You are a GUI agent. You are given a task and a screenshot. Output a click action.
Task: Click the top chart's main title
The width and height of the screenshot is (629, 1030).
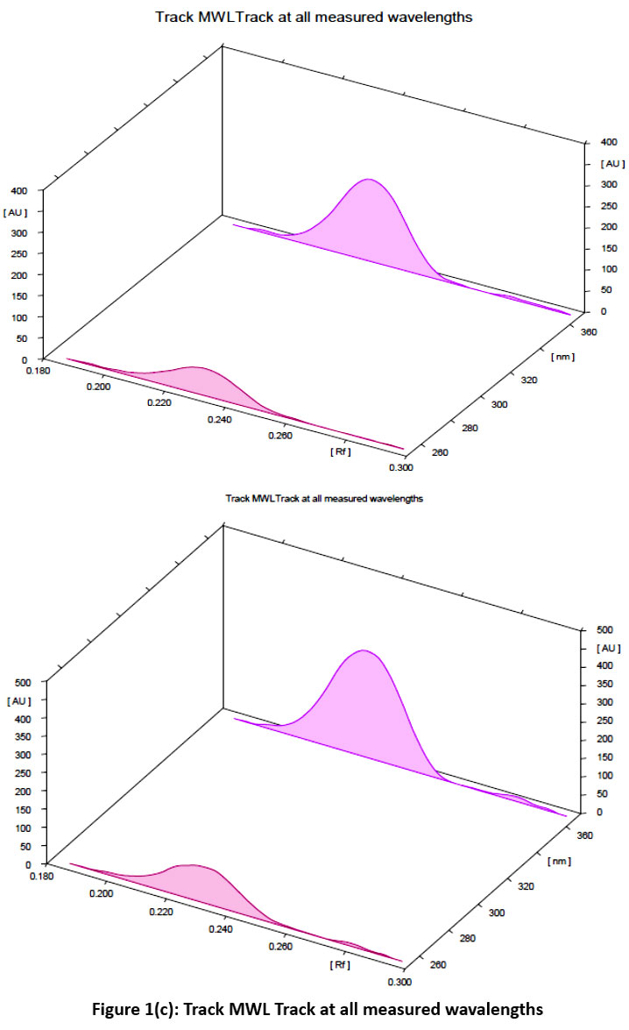[x=314, y=17]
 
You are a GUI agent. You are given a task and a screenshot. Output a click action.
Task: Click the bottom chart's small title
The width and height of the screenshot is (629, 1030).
[x=324, y=498]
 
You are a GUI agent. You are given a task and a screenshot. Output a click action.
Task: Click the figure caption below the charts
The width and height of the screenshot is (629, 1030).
[x=314, y=1009]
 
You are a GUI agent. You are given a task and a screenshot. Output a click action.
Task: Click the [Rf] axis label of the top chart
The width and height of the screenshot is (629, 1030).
[x=341, y=451]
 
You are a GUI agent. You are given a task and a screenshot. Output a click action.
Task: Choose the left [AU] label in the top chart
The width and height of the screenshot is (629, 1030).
[x=17, y=212]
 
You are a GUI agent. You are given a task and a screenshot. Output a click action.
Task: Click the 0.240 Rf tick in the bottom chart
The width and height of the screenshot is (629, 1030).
[x=221, y=928]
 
